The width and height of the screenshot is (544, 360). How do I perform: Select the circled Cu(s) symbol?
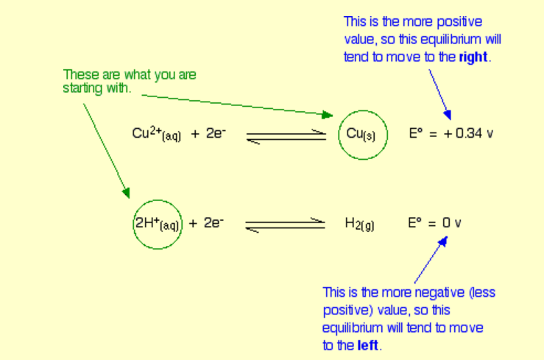pyautogui.click(x=362, y=135)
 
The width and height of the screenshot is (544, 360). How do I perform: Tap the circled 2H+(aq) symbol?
pyautogui.click(x=156, y=223)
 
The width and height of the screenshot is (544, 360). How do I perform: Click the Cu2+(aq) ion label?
pyautogui.click(x=156, y=134)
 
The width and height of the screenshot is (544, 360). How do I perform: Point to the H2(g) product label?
pyautogui.click(x=359, y=224)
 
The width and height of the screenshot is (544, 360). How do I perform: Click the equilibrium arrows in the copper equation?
pyautogui.click(x=286, y=137)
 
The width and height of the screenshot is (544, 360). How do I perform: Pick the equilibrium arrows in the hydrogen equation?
pyautogui.click(x=285, y=225)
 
